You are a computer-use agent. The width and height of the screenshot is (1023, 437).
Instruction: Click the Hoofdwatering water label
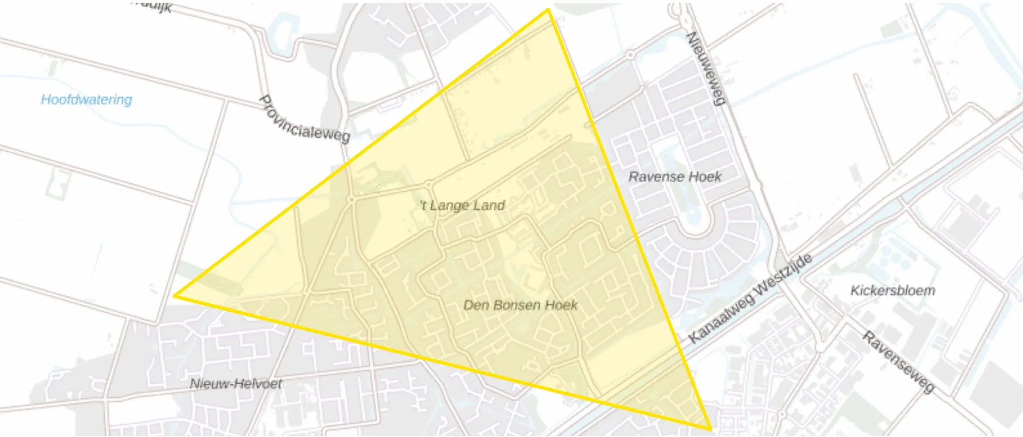point(86,100)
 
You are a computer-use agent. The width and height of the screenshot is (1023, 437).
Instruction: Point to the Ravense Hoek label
point(675,177)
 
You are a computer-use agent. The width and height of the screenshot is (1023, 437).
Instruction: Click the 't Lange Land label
point(463,205)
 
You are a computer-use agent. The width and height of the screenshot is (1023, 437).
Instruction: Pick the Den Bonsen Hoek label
point(520,305)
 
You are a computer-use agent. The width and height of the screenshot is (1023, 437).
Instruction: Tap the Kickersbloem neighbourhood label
point(893,291)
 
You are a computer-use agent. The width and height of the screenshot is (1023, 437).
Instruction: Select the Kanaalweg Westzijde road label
point(750,298)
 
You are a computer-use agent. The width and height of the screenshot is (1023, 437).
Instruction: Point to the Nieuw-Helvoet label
point(236,384)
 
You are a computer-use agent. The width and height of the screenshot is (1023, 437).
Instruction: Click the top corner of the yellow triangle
point(548,9)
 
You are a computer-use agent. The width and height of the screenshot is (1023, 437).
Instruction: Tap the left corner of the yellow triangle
point(175,296)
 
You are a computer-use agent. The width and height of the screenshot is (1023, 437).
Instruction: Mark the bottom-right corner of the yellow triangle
point(710,429)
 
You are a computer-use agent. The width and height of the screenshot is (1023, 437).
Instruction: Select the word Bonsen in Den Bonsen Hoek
point(517,305)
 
